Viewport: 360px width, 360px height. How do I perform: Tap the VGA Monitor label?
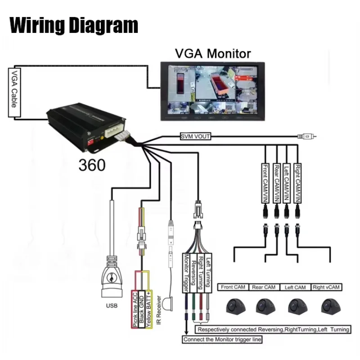(212, 54)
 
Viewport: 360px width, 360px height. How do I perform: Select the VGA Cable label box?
(14, 93)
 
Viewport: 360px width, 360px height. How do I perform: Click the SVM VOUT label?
(195, 136)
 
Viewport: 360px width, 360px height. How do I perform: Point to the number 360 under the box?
(92, 165)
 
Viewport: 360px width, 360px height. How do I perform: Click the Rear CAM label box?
(264, 287)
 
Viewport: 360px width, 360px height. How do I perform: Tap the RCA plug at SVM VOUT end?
(309, 135)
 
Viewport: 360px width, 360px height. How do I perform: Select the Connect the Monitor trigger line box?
(222, 340)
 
